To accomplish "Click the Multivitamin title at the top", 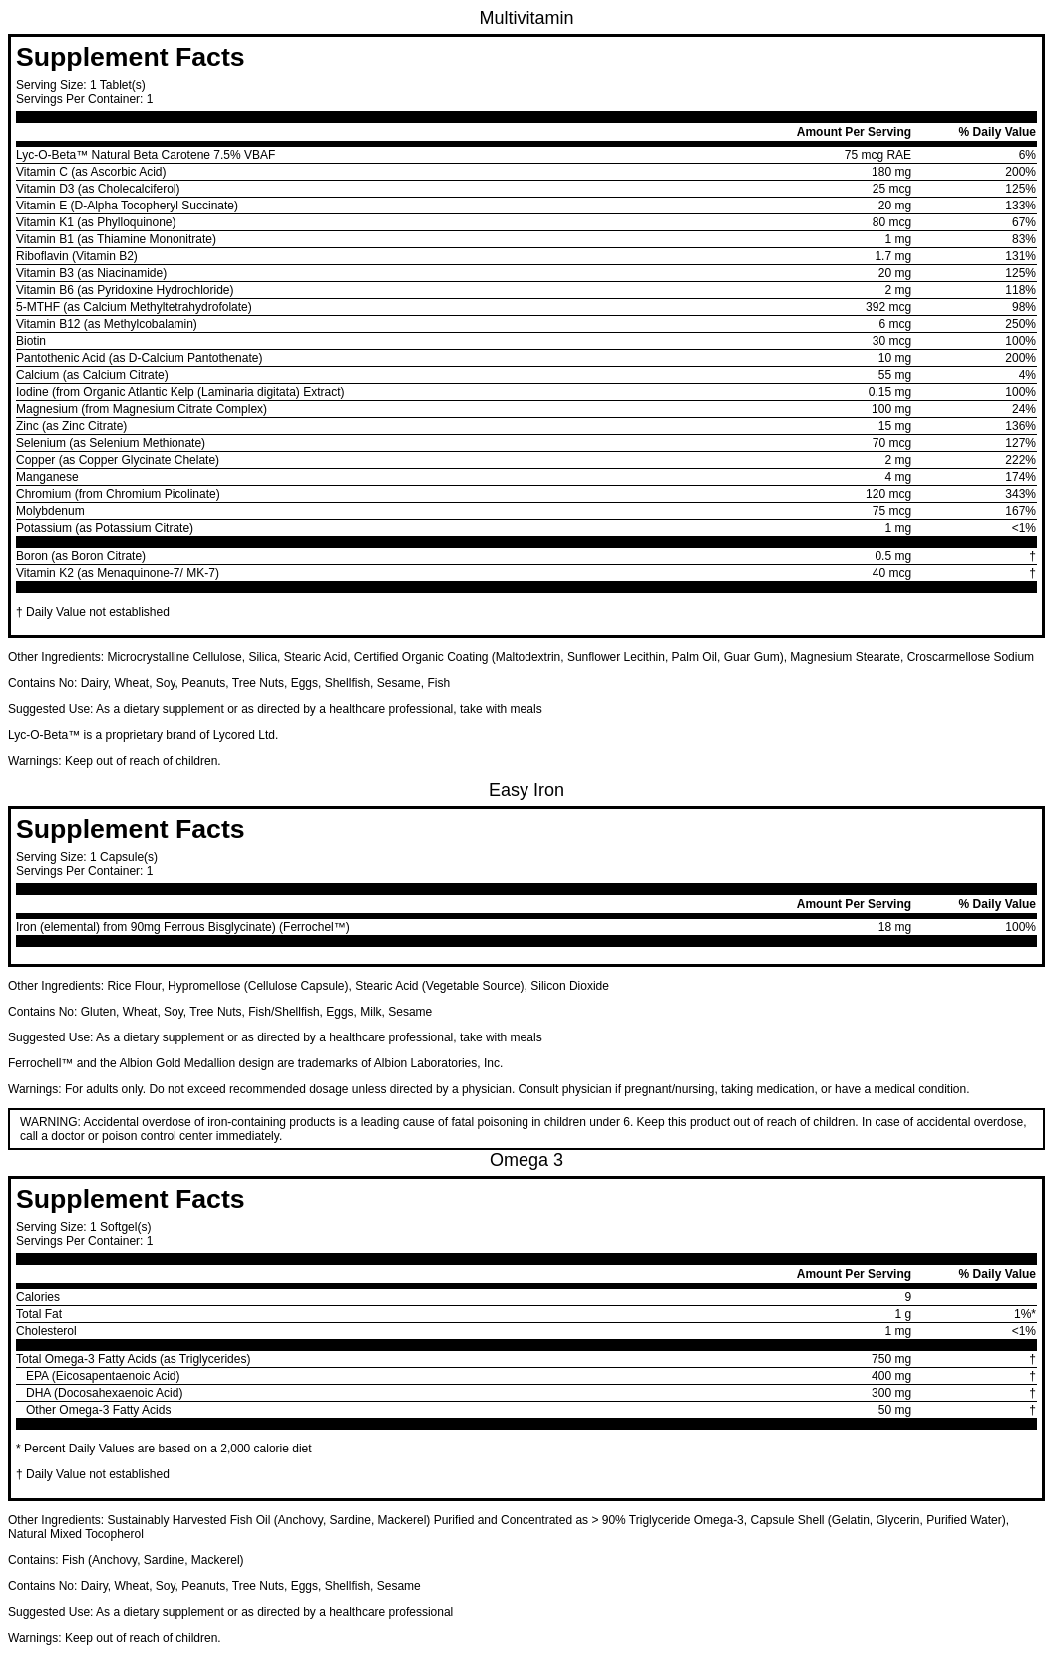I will click(526, 18).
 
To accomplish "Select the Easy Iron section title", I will click(526, 790).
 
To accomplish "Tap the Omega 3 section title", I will click(526, 1160).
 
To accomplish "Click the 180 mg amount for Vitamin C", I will click(890, 172).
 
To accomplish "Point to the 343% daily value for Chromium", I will click(1020, 494).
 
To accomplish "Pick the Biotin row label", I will click(31, 341).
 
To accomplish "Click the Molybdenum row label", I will click(50, 511).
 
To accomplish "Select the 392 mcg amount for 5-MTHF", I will click(887, 307).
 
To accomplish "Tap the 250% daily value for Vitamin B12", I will click(1020, 324).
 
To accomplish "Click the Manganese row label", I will click(47, 477).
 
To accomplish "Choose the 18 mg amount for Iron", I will click(894, 927).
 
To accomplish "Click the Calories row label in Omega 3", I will click(38, 1297).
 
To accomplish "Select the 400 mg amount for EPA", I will click(890, 1376).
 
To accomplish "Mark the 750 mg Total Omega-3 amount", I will click(890, 1359).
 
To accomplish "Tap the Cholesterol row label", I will click(46, 1331).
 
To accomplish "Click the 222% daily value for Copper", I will click(1020, 460).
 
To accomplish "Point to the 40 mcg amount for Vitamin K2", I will click(891, 573).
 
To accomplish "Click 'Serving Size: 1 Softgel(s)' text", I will click(84, 1227).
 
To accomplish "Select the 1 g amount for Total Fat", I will click(902, 1314).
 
